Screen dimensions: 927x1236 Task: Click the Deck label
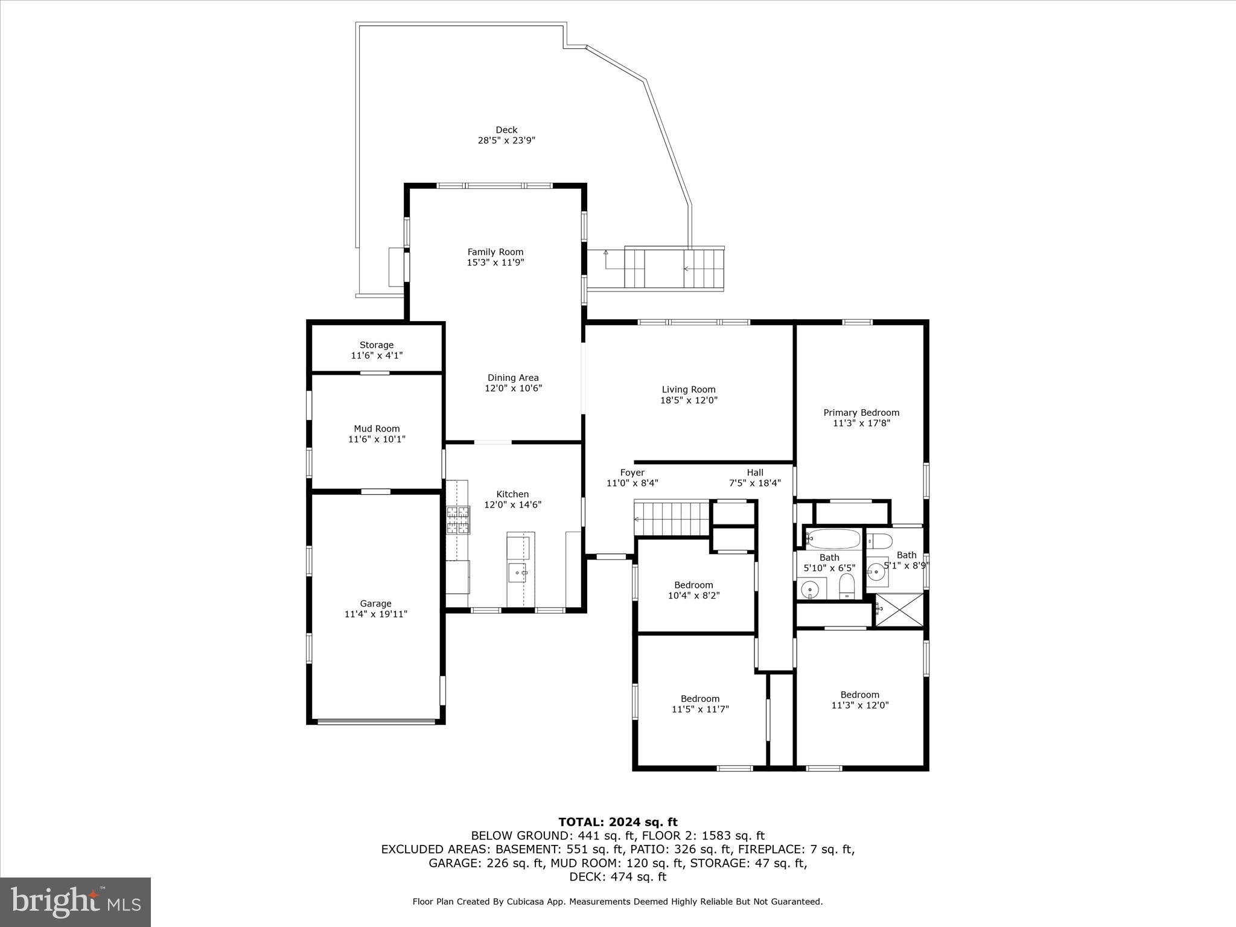click(506, 130)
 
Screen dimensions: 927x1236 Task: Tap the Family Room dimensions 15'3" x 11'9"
click(495, 263)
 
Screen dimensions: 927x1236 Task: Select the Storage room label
click(377, 345)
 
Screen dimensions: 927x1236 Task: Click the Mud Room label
click(377, 429)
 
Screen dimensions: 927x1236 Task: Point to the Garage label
click(376, 604)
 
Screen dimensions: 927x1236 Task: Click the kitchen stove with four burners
click(457, 520)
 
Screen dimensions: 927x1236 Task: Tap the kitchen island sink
click(517, 572)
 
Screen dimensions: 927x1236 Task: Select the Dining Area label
click(513, 378)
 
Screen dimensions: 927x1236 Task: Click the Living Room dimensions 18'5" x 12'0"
click(689, 400)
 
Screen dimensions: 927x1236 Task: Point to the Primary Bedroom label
click(861, 413)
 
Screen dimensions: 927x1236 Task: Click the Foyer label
click(632, 473)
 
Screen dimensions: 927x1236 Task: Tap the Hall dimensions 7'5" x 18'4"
click(755, 483)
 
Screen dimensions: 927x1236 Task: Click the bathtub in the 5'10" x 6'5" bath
click(833, 538)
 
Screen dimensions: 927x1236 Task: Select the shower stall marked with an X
click(899, 610)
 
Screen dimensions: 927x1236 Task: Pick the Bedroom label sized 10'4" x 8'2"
click(693, 585)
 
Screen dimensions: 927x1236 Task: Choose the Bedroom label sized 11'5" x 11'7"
click(700, 699)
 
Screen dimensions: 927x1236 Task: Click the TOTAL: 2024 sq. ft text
click(617, 822)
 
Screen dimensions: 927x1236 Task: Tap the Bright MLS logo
click(75, 902)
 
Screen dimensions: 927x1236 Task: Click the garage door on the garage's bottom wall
click(377, 721)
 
